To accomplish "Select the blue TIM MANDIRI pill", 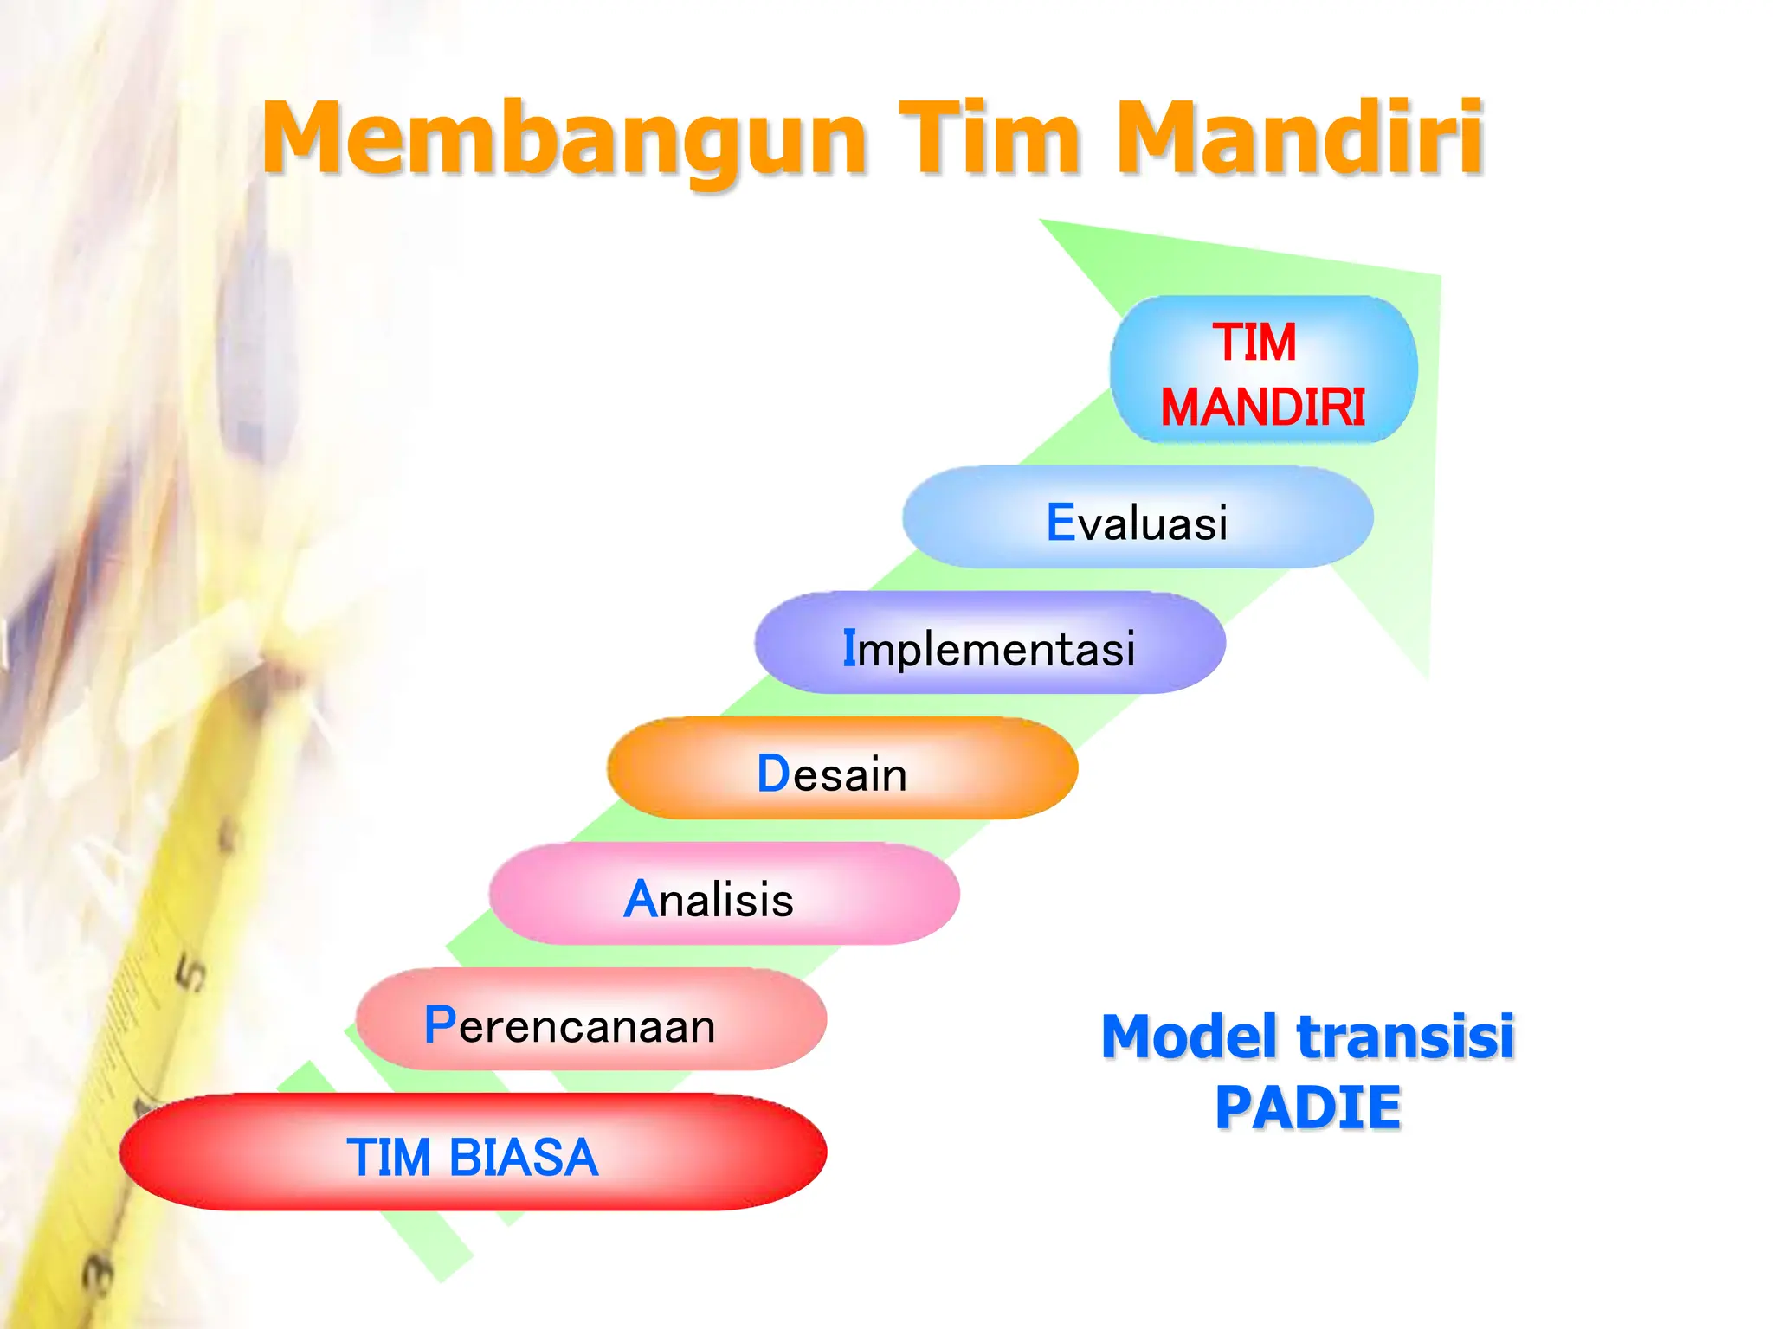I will coord(1263,370).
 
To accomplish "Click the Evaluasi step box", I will coord(1137,517).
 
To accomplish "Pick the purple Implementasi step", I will coord(990,643).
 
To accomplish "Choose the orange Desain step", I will coord(841,768).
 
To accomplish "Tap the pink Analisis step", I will coord(724,894).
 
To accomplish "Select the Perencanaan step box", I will coord(590,1019).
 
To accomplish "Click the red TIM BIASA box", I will coord(473,1152).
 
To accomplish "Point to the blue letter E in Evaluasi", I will coord(1061,523).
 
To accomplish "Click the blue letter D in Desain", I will coord(773,774).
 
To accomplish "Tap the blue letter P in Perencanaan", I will coord(440,1025).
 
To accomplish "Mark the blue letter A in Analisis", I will coord(641,899).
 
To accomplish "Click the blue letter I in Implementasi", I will coord(849,648).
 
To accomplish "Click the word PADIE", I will coord(1307,1108).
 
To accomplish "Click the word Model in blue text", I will coord(1191,1037).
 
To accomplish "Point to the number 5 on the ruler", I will coord(191,973).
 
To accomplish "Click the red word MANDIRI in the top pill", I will coord(1263,408).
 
